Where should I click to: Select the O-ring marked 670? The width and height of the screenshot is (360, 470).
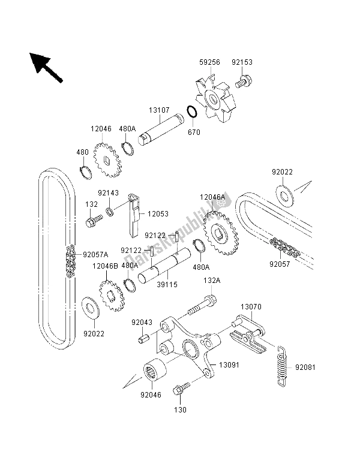tap(191, 112)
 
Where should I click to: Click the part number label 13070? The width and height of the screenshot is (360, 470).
tap(251, 306)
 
